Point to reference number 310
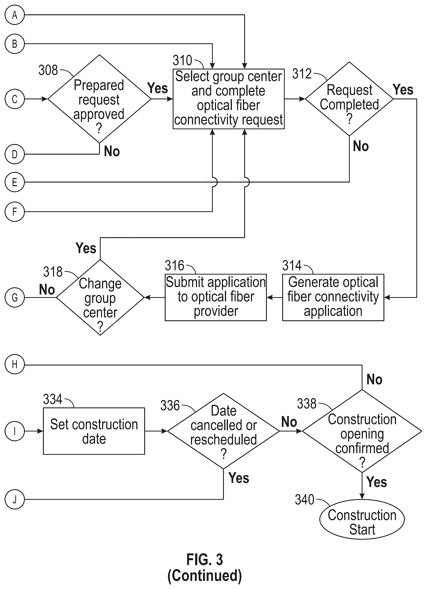coord(182,60)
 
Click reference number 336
coord(170,405)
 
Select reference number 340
coord(305,500)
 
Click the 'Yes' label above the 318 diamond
coord(86,248)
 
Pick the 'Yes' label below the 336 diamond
coord(239,478)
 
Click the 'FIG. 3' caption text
coord(205,559)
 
